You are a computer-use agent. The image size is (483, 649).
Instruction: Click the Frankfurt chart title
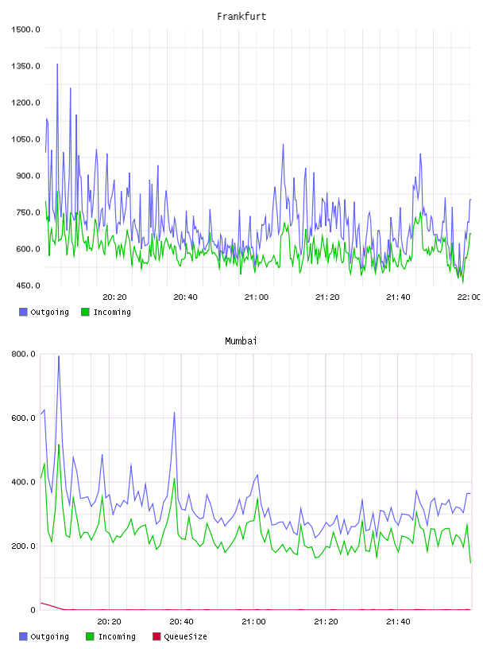pyautogui.click(x=241, y=17)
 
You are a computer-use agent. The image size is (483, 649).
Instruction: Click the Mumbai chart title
pyautogui.click(x=241, y=341)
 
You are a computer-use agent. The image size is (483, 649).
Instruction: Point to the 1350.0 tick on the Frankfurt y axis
pyautogui.click(x=25, y=66)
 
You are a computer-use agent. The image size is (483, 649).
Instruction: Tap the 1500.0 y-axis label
pyautogui.click(x=25, y=29)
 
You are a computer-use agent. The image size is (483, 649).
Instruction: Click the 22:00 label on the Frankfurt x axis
pyautogui.click(x=469, y=297)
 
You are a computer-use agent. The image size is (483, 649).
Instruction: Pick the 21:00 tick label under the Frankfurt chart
pyautogui.click(x=257, y=297)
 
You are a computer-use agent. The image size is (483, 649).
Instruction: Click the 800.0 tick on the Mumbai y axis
pyautogui.click(x=24, y=354)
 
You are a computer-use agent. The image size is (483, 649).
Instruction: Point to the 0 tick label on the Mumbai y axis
pyautogui.click(x=33, y=610)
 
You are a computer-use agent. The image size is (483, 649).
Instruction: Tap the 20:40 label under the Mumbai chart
pyautogui.click(x=182, y=622)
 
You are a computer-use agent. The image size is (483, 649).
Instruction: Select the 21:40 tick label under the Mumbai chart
pyautogui.click(x=398, y=622)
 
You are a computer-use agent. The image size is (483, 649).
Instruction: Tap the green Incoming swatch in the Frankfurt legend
pyautogui.click(x=85, y=312)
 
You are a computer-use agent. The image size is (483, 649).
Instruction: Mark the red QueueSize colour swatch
pyautogui.click(x=156, y=636)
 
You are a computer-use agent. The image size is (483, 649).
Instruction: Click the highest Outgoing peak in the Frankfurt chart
pyautogui.click(x=57, y=64)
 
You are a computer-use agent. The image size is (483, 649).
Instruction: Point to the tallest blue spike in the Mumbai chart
pyautogui.click(x=59, y=356)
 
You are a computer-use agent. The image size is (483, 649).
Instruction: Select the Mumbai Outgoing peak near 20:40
pyautogui.click(x=175, y=412)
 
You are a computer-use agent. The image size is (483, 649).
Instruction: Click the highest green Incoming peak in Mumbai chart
pyautogui.click(x=59, y=445)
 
